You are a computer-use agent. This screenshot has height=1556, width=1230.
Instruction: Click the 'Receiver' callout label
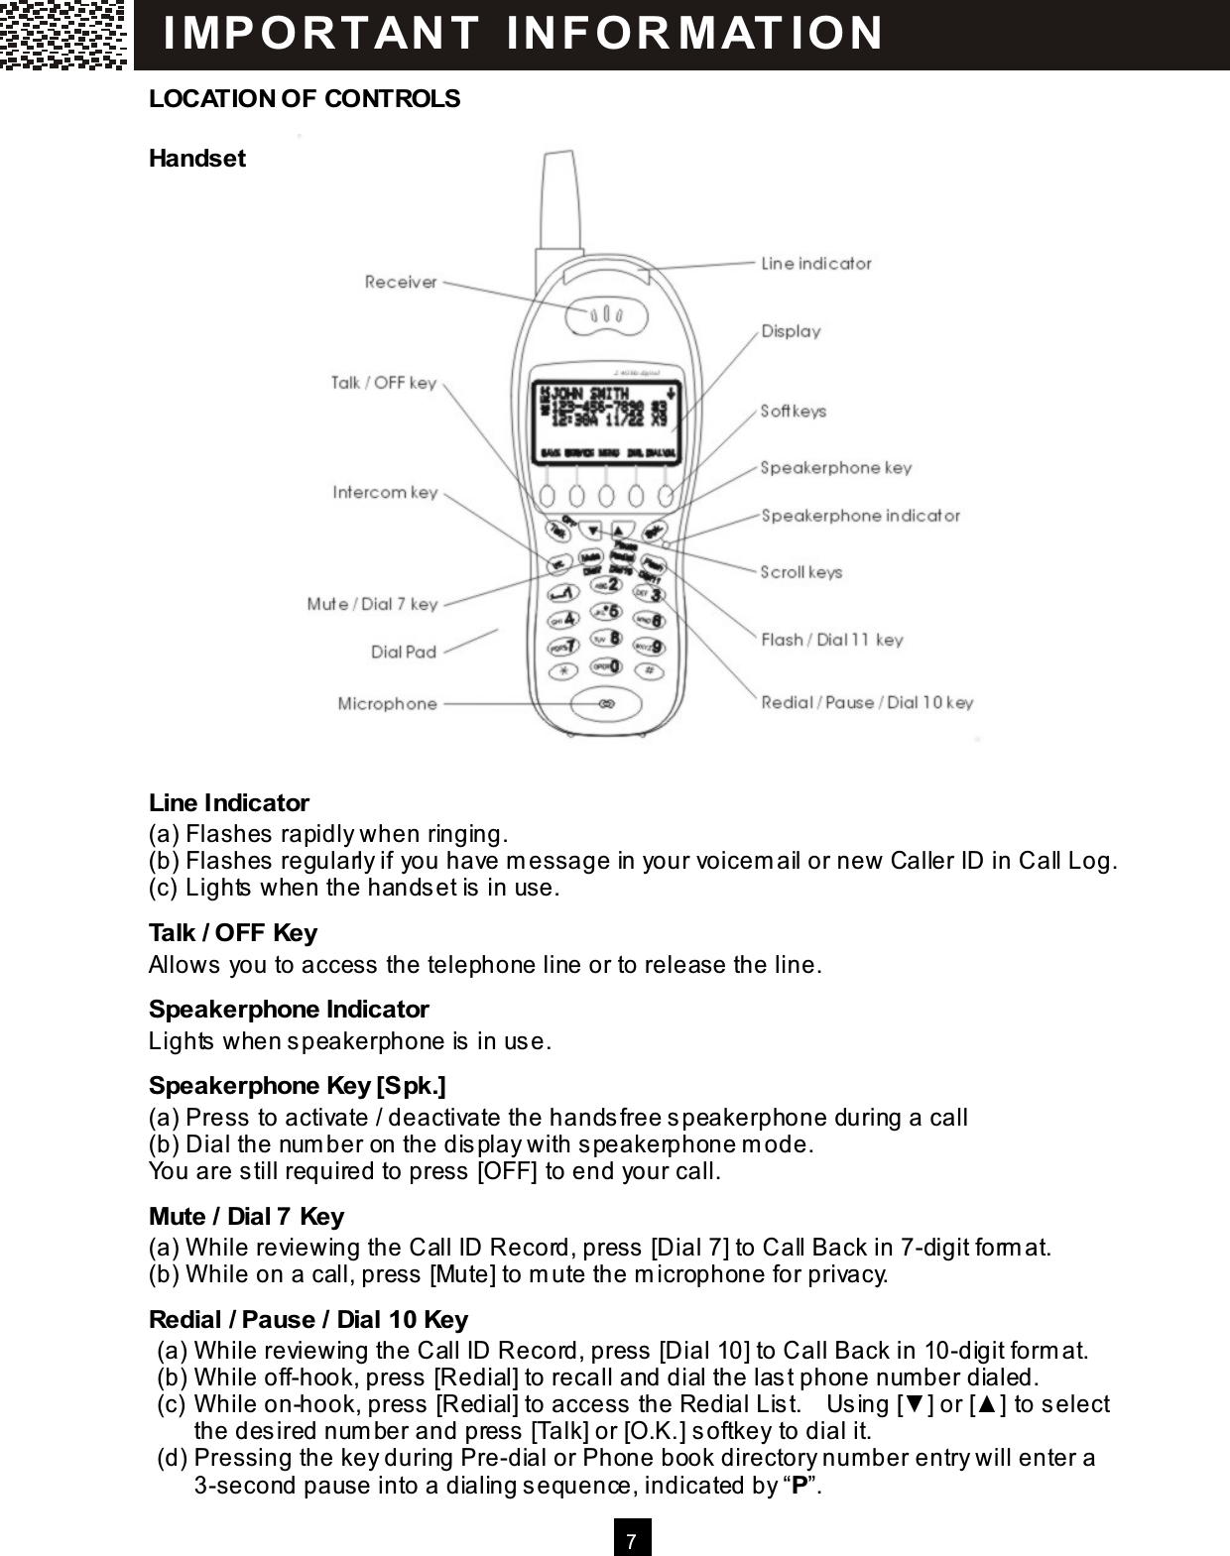(x=400, y=283)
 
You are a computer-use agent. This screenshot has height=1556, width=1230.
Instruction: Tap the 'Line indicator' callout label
(x=815, y=264)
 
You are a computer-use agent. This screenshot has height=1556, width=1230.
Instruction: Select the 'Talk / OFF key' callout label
(x=383, y=383)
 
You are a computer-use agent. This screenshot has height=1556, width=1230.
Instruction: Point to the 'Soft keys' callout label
(x=793, y=411)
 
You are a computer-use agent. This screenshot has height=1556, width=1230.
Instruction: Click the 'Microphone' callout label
(x=387, y=704)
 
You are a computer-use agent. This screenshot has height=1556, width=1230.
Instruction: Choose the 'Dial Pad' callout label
(x=403, y=653)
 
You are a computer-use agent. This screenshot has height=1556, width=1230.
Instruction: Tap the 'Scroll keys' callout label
(x=800, y=572)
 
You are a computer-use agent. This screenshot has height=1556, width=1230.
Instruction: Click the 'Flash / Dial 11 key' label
(x=831, y=640)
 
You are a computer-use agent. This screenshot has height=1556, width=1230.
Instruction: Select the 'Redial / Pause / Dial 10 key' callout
(x=867, y=703)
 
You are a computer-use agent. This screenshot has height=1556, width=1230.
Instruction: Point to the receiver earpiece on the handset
(x=605, y=315)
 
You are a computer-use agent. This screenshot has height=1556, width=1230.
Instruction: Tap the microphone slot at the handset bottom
(x=604, y=704)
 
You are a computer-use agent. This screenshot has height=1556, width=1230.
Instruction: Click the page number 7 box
(x=632, y=1538)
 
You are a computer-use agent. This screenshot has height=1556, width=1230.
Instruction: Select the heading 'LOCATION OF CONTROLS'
(x=305, y=99)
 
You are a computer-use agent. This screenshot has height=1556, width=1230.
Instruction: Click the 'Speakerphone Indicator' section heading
(x=289, y=1010)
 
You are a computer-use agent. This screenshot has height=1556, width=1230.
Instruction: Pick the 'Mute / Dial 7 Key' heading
(x=246, y=1217)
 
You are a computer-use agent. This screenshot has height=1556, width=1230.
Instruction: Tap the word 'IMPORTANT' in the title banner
(x=320, y=32)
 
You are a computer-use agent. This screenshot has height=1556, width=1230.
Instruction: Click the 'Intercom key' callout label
(x=385, y=493)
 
